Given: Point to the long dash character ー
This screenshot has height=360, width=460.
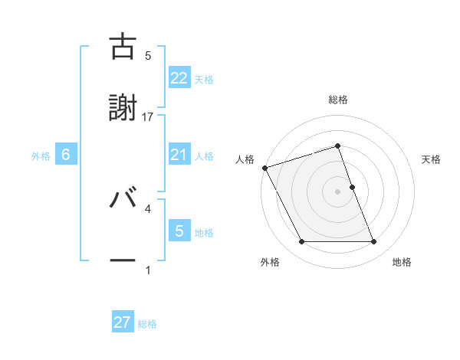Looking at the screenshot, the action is click(123, 260).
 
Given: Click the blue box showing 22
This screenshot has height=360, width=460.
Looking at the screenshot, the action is click(179, 77).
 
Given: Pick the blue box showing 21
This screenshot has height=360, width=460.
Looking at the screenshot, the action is click(179, 155).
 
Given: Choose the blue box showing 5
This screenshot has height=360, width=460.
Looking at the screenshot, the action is click(179, 231).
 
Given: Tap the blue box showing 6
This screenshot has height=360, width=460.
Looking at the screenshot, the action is click(66, 155).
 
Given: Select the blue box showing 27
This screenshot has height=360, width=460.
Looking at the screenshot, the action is click(123, 322).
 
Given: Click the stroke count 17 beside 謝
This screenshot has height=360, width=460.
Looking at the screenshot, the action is click(148, 116).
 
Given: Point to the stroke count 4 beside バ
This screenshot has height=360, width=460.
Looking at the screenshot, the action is click(148, 208).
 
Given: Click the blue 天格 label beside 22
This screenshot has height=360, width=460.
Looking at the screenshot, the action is click(204, 79).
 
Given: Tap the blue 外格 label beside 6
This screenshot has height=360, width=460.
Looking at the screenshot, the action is click(41, 155).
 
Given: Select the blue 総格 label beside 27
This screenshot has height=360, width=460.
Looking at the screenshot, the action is click(147, 324).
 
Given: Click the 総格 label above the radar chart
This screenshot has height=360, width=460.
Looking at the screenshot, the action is click(338, 100).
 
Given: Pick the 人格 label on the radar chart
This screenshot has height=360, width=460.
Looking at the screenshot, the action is click(245, 159).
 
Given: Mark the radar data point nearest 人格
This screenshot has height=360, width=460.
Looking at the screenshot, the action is click(264, 168).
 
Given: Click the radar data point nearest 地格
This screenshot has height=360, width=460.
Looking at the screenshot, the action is click(373, 242).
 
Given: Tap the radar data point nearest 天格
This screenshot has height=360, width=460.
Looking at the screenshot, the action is click(352, 187).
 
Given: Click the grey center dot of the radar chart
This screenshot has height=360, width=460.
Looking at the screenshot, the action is click(338, 191).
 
